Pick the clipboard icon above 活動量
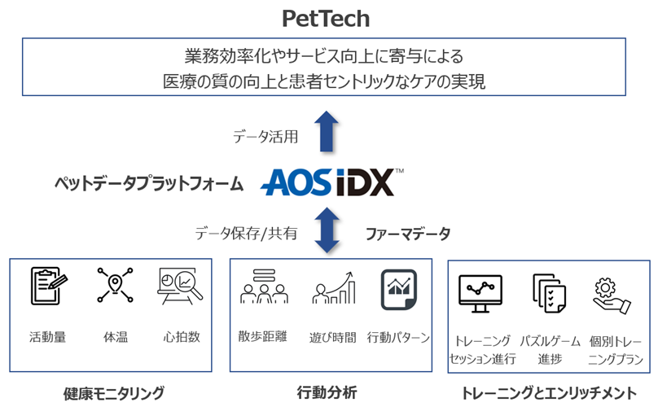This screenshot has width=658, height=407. tap(48, 287)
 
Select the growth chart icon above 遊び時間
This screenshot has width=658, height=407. tap(332, 289)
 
